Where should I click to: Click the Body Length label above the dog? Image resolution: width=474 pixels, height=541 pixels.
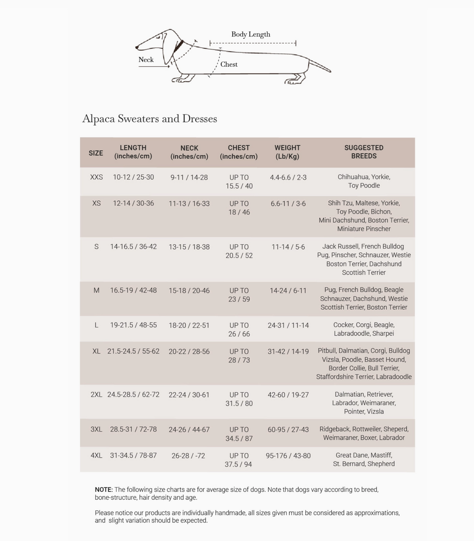(x=251, y=35)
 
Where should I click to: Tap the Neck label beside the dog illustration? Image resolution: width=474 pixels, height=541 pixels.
(x=146, y=60)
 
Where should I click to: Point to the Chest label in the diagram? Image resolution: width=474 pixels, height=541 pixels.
(x=229, y=64)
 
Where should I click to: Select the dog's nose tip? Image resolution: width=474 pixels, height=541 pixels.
(x=137, y=47)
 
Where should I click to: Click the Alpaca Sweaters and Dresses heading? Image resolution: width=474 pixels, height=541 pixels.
(x=150, y=118)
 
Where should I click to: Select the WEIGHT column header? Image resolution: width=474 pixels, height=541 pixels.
(x=287, y=152)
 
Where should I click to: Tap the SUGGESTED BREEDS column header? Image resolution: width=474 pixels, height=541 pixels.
(x=364, y=152)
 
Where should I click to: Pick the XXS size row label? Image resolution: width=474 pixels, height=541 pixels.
(x=96, y=177)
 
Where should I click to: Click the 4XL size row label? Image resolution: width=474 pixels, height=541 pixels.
(x=96, y=455)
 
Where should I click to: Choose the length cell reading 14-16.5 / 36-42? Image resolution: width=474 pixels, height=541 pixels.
(x=133, y=247)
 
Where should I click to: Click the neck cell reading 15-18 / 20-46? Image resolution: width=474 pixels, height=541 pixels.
(x=189, y=290)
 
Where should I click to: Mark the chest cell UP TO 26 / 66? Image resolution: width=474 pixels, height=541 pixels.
(x=239, y=329)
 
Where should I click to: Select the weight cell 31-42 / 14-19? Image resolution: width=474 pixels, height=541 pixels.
(x=288, y=351)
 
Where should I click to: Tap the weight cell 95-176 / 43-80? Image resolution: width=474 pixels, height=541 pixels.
(x=288, y=455)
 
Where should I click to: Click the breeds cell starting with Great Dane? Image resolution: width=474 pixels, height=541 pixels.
(x=364, y=460)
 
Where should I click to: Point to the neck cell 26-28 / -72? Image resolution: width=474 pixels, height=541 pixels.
(x=188, y=455)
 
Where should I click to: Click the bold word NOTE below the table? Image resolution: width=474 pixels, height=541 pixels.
(x=104, y=489)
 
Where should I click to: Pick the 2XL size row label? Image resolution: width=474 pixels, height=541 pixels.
(x=96, y=394)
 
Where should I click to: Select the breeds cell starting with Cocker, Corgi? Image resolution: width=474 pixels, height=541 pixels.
(x=364, y=329)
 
